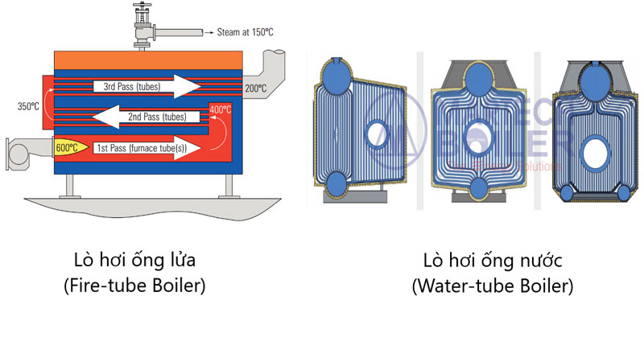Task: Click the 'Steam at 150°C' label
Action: coord(225,32)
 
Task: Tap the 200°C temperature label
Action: coord(255,88)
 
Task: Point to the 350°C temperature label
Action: coord(29,105)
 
